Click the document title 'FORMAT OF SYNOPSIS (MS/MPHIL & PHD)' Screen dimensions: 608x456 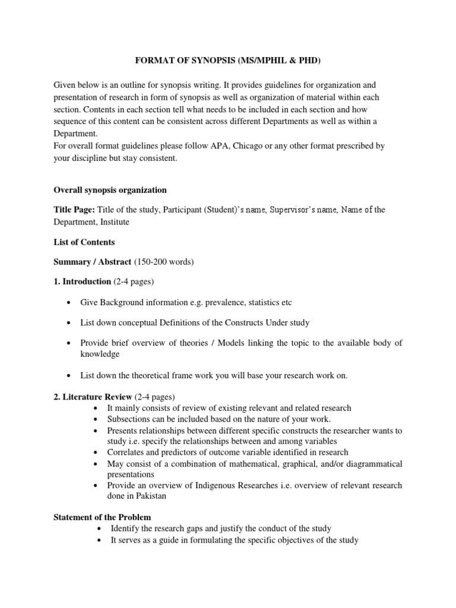(228, 60)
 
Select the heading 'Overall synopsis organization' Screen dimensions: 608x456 (110, 190)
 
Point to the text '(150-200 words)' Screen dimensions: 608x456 (163, 261)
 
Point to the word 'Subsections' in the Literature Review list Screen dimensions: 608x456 (129, 419)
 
